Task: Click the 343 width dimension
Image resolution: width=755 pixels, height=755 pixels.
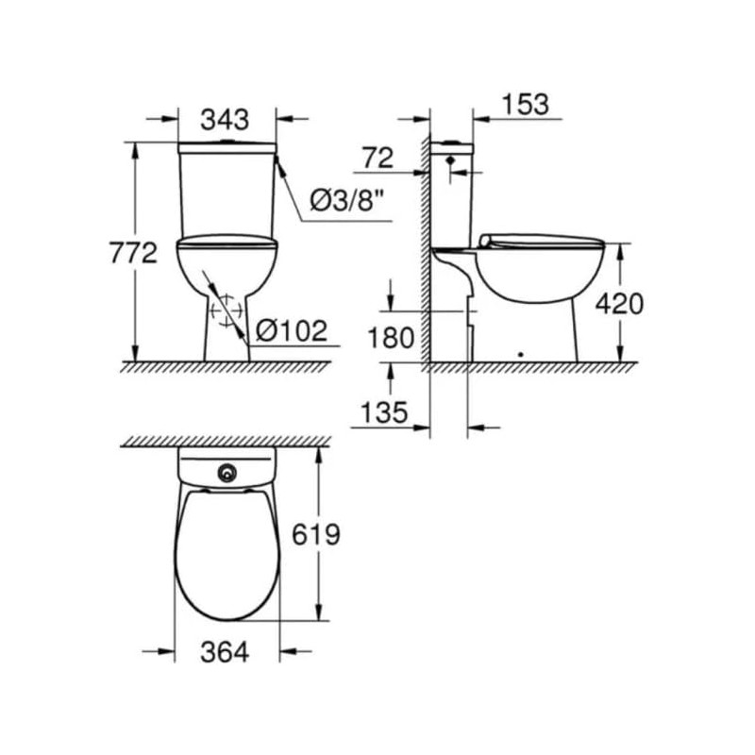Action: click(225, 120)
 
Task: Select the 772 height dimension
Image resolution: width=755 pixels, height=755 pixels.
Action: click(133, 253)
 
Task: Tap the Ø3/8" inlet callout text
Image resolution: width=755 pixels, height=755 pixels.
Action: click(344, 199)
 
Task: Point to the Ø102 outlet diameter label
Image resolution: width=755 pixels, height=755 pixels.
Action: click(292, 330)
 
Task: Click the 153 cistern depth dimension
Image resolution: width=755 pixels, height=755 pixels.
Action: click(525, 104)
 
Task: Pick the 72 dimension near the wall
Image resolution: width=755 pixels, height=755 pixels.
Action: click(378, 158)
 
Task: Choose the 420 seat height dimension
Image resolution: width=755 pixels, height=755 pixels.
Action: click(619, 304)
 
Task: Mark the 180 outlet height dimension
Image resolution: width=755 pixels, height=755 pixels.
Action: click(391, 338)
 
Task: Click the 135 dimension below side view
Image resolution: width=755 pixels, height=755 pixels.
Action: click(384, 412)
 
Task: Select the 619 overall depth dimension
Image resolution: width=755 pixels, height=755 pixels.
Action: click(316, 534)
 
